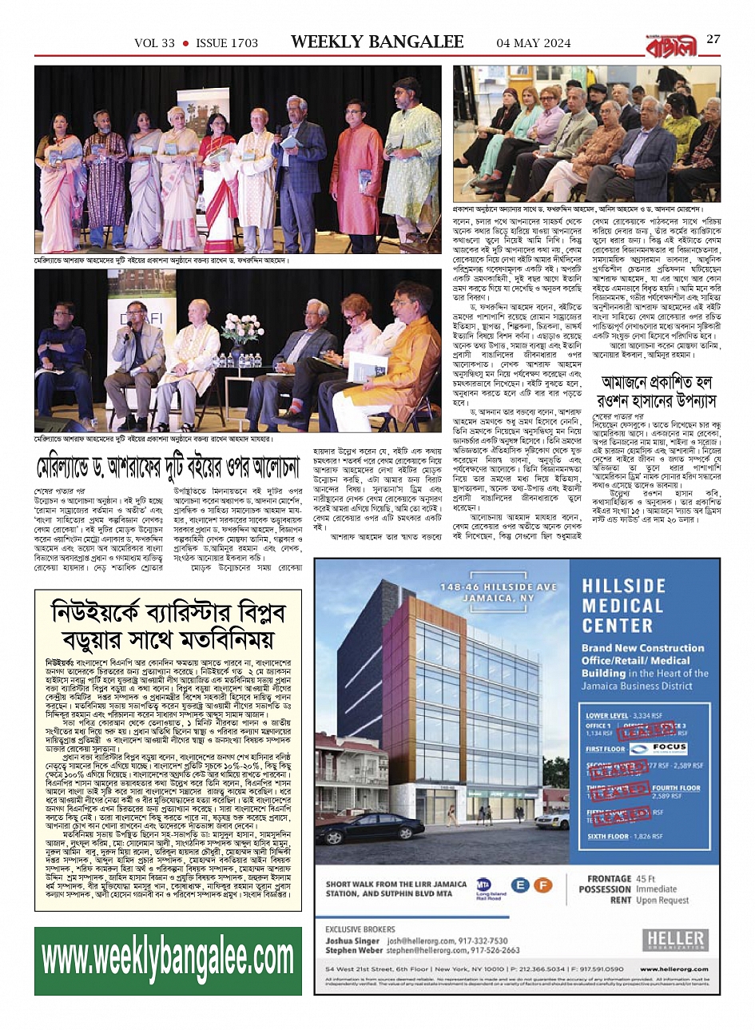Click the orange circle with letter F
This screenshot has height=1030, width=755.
(543, 885)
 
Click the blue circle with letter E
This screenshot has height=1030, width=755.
(521, 885)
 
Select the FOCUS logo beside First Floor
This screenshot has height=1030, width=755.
(658, 748)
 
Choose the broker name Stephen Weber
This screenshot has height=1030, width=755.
(353, 951)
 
